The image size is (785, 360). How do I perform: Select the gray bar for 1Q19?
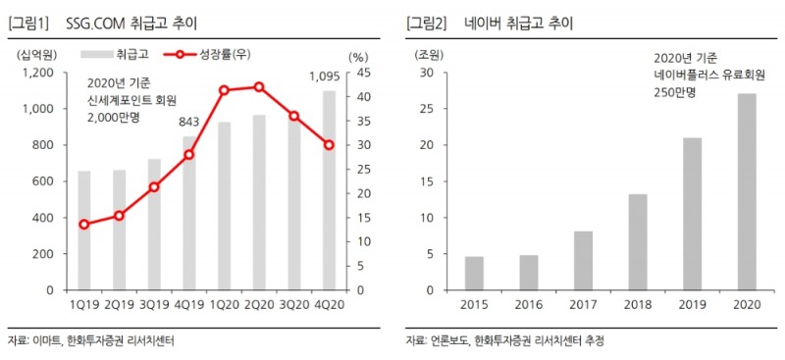(84, 231)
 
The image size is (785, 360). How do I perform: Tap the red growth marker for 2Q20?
(259, 86)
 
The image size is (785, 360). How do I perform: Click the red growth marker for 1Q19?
(84, 225)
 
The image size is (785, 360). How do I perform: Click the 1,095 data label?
(326, 77)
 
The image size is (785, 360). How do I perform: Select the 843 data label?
(189, 123)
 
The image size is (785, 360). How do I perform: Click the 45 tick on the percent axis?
(362, 73)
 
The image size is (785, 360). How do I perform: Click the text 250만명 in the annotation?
(676, 90)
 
